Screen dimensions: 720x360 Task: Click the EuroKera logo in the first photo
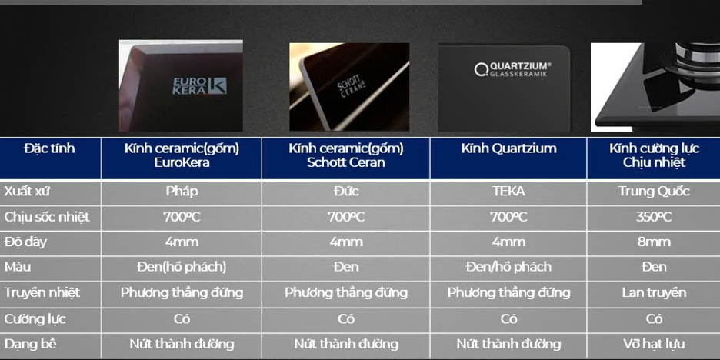(199, 85)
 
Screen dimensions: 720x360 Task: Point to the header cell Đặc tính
(49, 148)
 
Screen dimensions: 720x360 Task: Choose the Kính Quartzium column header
(508, 148)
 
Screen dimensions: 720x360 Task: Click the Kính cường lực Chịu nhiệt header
(655, 155)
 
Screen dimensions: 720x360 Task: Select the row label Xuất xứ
(27, 192)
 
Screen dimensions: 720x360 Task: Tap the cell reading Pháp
(182, 192)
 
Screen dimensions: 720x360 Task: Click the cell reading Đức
(346, 192)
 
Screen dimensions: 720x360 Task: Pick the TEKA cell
(508, 192)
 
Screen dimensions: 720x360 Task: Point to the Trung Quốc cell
(654, 192)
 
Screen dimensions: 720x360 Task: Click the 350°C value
(654, 217)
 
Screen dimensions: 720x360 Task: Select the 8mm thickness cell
(654, 242)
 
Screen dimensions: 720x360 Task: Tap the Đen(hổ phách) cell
(182, 267)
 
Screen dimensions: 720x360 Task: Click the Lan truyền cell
(654, 292)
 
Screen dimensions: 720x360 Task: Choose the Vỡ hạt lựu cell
(654, 344)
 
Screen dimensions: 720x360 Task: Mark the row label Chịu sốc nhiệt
(47, 217)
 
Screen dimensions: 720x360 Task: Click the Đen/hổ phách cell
(508, 267)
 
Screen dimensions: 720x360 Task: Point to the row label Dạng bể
(30, 344)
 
